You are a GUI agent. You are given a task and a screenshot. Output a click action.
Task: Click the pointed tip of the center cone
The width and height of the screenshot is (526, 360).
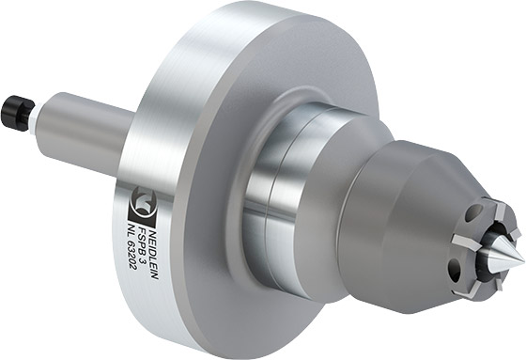point(524,258)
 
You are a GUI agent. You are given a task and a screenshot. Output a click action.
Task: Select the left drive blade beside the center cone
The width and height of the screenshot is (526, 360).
point(466,242)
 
